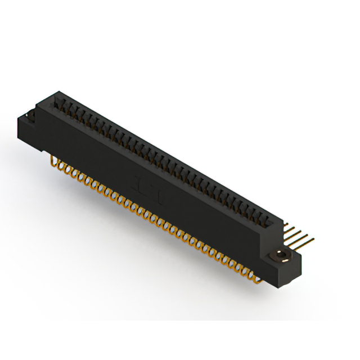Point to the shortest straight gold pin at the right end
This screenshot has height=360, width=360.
pos(287,226)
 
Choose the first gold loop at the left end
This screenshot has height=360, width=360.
pos(56,164)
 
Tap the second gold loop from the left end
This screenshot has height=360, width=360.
pos(64,168)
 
